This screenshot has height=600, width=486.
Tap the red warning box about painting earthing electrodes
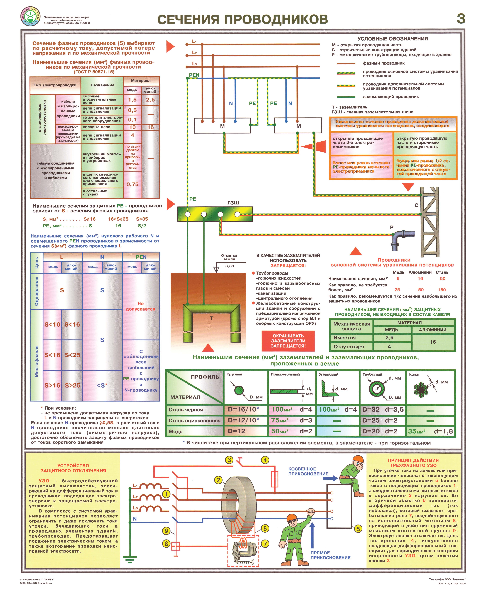(x=288, y=341)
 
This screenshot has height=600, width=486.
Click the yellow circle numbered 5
(x=358, y=529)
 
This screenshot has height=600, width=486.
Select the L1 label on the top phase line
(x=194, y=41)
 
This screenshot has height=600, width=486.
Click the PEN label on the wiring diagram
(x=194, y=75)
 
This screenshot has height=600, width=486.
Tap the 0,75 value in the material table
(x=132, y=185)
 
